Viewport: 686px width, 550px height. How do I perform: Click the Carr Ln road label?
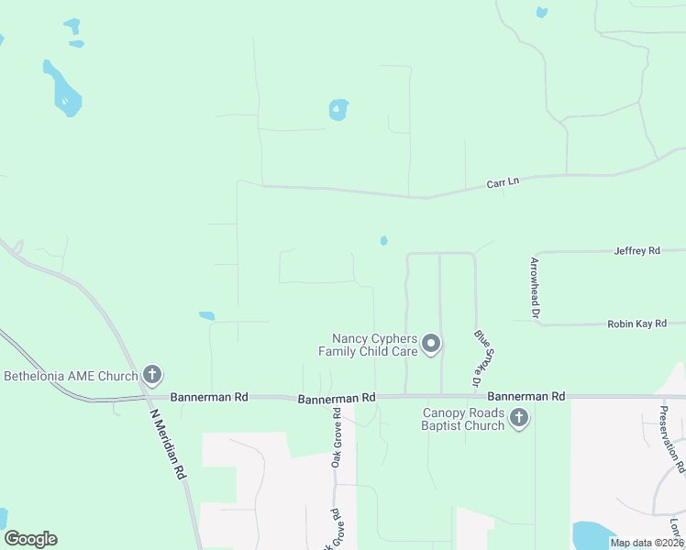pyautogui.click(x=503, y=183)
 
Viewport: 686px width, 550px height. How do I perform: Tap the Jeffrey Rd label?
pyautogui.click(x=637, y=250)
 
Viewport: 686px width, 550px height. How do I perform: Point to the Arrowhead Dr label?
pyautogui.click(x=535, y=288)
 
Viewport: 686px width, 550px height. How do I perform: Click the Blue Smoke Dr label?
pyautogui.click(x=478, y=357)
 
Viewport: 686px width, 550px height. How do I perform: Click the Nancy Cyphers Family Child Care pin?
pyautogui.click(x=431, y=345)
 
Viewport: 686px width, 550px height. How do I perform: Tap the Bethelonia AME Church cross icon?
pyautogui.click(x=152, y=375)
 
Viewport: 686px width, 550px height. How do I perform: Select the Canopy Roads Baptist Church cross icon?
pyautogui.click(x=519, y=419)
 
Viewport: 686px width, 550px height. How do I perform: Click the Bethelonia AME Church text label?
pyautogui.click(x=71, y=375)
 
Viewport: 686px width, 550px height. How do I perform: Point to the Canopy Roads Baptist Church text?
pyautogui.click(x=463, y=419)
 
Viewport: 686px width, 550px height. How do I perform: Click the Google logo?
pyautogui.click(x=30, y=539)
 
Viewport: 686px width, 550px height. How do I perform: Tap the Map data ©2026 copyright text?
pyautogui.click(x=647, y=543)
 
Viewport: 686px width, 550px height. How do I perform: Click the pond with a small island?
pyautogui.click(x=338, y=110)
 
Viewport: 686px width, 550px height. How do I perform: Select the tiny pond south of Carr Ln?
pyautogui.click(x=383, y=241)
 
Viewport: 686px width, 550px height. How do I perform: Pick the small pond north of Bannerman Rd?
pyautogui.click(x=207, y=316)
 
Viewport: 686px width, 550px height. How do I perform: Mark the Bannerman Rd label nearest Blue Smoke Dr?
pyautogui.click(x=526, y=396)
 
